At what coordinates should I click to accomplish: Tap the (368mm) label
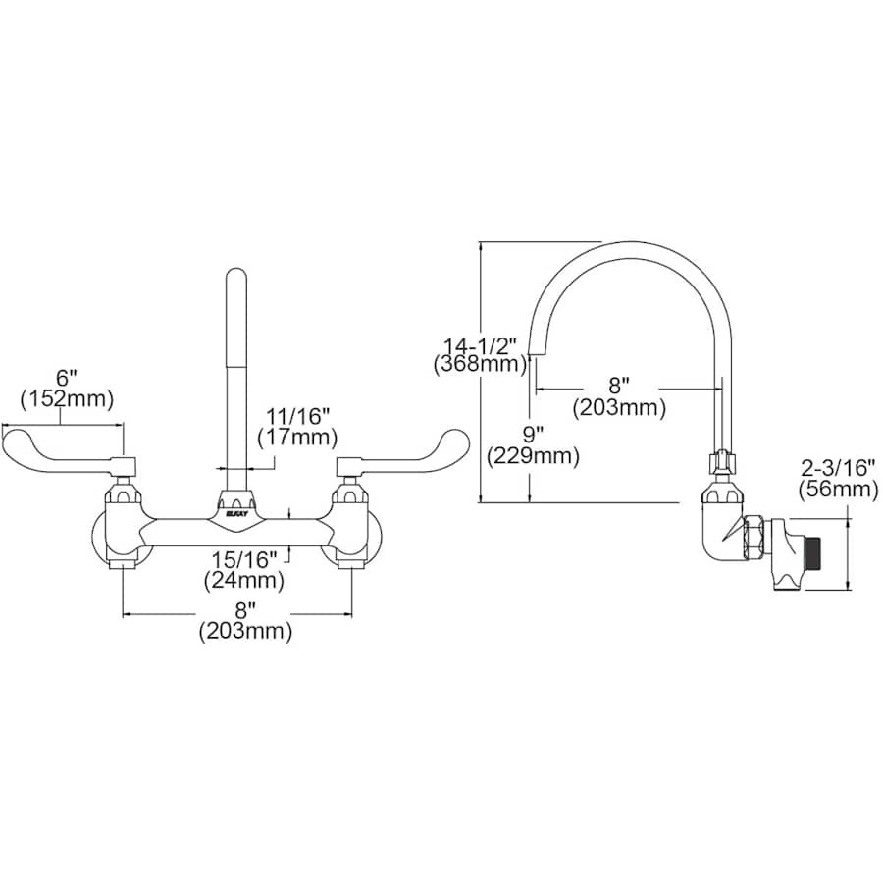[479, 364]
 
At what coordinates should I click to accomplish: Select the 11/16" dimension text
[297, 417]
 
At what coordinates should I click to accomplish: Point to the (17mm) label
[296, 437]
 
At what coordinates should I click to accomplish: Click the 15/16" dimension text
[244, 560]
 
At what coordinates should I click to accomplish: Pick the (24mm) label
[244, 580]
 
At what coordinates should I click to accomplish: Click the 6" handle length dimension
[67, 379]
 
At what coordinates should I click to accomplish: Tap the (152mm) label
[67, 398]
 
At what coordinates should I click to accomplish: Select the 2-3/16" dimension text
[839, 469]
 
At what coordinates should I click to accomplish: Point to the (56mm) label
[839, 489]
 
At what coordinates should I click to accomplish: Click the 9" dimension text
[534, 435]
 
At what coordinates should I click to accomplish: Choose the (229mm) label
[534, 455]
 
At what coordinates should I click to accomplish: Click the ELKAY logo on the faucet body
[234, 513]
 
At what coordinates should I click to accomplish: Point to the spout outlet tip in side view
[538, 355]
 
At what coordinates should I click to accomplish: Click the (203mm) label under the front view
[245, 631]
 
